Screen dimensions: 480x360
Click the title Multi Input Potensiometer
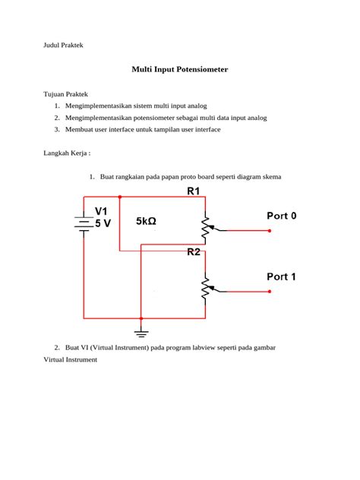pos(180,69)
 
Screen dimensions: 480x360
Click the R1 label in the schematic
pos(194,192)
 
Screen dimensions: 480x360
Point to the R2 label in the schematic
pos(194,252)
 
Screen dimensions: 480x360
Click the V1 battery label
pos(102,210)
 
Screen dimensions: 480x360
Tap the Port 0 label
pos(292,216)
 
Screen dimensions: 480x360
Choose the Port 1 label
pos(292,276)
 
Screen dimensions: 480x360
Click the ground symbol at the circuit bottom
pos(141,330)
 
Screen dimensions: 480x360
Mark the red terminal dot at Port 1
pos(269,290)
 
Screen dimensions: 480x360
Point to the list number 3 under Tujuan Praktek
pos(57,130)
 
